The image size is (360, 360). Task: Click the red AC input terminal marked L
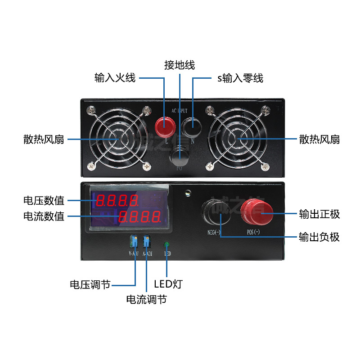coord(164,126)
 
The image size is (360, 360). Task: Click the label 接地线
coord(180,65)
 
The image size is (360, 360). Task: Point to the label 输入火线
coord(115,78)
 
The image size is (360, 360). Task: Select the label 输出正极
coord(319,214)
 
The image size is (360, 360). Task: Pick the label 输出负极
coord(319,237)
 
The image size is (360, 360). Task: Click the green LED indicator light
coord(167,245)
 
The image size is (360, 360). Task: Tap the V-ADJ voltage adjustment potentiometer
coord(134,242)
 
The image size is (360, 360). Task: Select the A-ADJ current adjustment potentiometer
coord(146,241)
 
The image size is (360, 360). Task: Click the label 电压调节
coord(90,285)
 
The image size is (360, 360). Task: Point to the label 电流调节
coord(146,299)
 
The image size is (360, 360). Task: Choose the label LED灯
coord(168,284)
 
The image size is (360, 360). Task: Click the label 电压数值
coord(44,200)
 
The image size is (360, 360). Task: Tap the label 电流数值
coord(44,216)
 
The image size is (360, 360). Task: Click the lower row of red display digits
coord(140,217)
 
